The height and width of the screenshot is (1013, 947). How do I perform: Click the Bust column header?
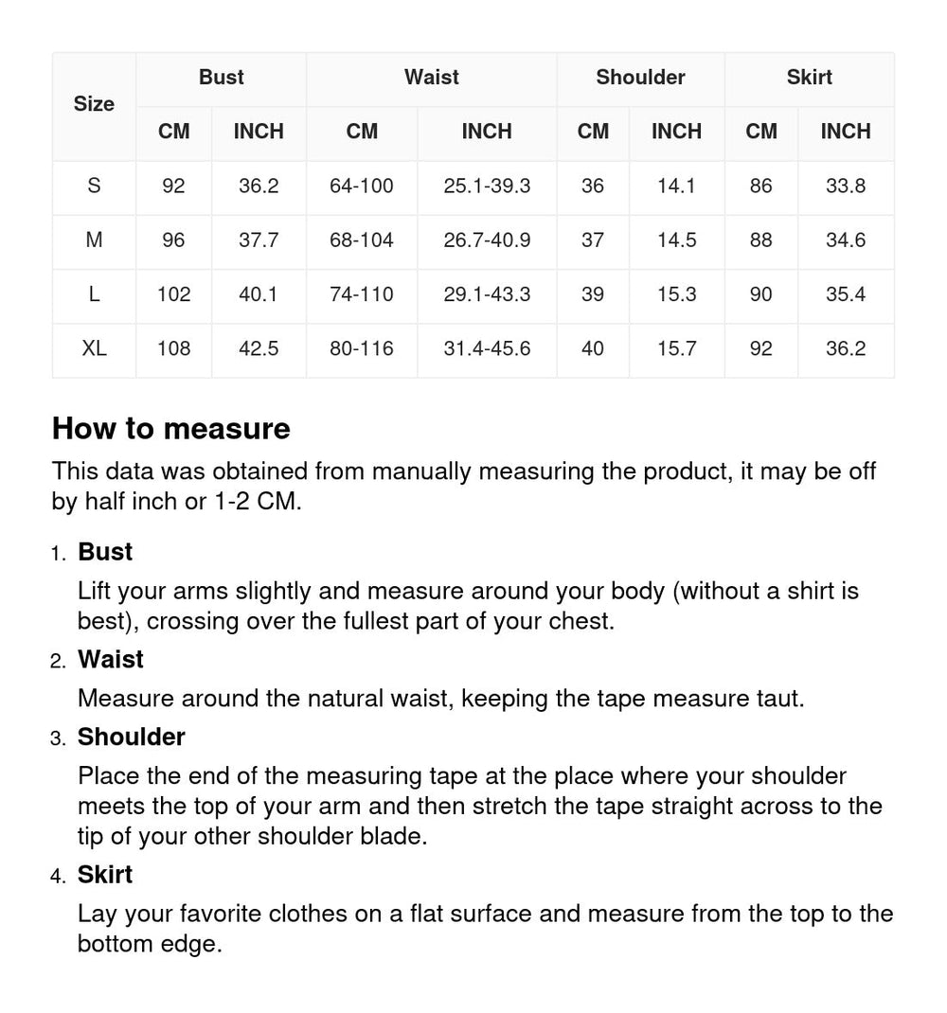point(221,78)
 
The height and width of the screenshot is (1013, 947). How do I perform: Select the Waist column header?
point(431,78)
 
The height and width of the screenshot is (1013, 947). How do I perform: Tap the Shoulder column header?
point(640,78)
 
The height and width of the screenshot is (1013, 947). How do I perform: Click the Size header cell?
point(94,104)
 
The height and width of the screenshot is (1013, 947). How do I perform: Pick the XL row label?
point(94,348)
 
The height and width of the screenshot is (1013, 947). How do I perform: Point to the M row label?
point(94,240)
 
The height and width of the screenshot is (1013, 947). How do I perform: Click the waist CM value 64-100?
point(361,187)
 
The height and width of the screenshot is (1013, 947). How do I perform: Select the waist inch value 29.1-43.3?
point(487,294)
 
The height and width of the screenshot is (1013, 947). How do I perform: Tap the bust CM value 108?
point(173,348)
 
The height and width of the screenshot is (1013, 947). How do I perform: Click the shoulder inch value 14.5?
point(676,240)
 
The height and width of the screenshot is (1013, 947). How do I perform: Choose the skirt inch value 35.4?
point(845,294)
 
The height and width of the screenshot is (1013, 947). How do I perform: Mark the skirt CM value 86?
point(760,187)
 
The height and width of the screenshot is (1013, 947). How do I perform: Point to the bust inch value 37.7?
point(259,240)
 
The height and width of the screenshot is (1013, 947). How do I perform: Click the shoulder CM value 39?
point(593,294)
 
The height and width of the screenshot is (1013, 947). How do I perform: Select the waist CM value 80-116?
point(361,348)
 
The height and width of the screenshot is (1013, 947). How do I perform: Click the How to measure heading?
point(170,429)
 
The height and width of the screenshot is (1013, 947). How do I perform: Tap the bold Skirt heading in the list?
point(105,875)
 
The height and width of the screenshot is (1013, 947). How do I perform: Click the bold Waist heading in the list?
point(110,659)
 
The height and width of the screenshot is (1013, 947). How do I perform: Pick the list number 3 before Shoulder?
point(58,738)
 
